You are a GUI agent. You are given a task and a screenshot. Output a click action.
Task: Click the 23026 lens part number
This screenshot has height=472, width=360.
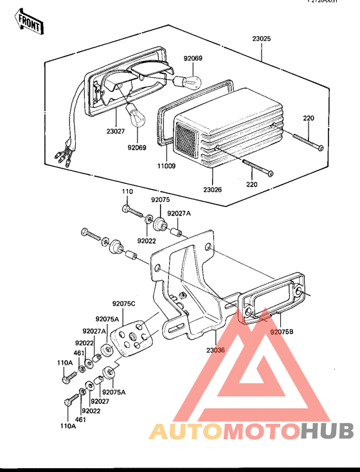[213, 190]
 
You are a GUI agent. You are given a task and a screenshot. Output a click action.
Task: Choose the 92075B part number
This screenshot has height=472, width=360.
[282, 332]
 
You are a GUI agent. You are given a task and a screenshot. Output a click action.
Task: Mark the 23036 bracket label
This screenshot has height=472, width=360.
[216, 350]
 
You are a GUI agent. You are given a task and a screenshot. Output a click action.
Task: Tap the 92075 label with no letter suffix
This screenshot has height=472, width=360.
[161, 200]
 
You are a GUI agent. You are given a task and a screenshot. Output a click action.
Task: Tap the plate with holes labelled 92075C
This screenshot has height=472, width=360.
[133, 338]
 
